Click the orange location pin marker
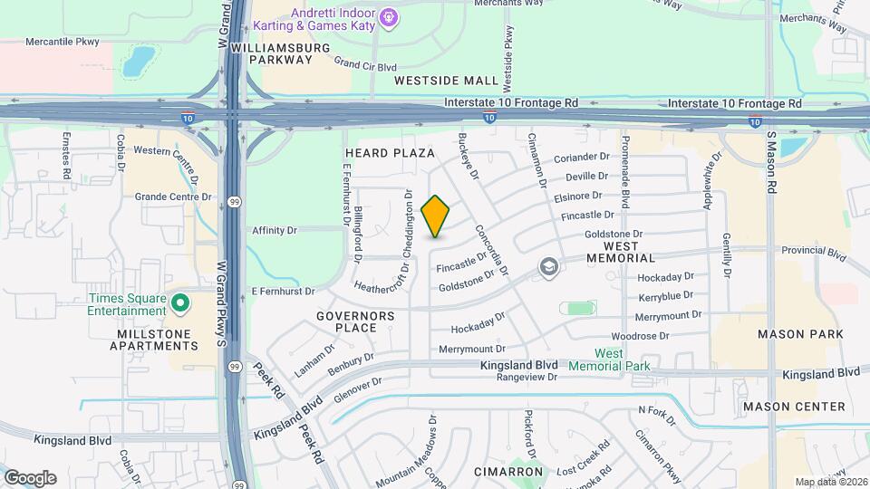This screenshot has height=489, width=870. click(x=436, y=216)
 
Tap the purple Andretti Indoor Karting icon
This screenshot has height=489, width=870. click(x=390, y=16)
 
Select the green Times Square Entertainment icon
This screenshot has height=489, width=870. click(x=179, y=302)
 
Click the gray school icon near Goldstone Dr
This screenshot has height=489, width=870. click(x=547, y=267)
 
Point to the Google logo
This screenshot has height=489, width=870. click(x=30, y=478)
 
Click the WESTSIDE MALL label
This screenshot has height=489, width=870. click(x=447, y=81)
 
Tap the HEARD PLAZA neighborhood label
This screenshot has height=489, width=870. click(x=390, y=153)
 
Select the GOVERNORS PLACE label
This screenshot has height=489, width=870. click(x=356, y=321)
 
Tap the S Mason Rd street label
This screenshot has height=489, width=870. click(x=772, y=161)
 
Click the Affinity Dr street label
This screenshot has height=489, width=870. click(x=275, y=231)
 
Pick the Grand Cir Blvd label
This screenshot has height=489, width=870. click(x=365, y=64)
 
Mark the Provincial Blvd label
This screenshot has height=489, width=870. click(x=813, y=250)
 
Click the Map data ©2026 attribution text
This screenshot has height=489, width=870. click(x=831, y=481)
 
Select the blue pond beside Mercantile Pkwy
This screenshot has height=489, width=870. click(x=138, y=61)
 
